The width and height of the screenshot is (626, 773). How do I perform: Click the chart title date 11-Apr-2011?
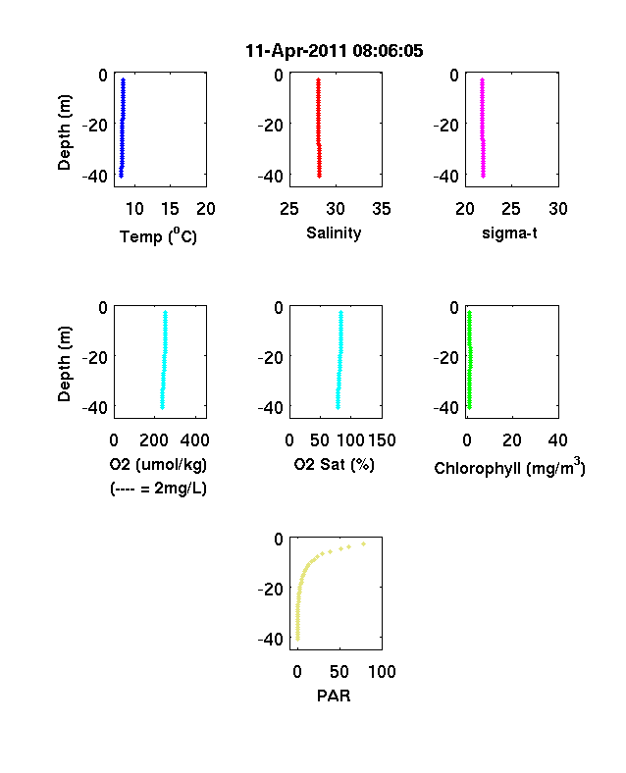pyautogui.click(x=297, y=51)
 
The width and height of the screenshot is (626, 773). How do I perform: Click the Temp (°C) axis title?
pyautogui.click(x=158, y=236)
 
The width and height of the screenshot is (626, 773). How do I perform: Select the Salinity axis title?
pyautogui.click(x=334, y=233)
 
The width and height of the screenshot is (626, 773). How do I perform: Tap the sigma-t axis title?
pyautogui.click(x=509, y=232)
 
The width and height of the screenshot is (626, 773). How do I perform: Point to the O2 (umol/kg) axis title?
pyautogui.click(x=158, y=464)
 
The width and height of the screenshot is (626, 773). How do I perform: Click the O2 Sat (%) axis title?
pyautogui.click(x=335, y=464)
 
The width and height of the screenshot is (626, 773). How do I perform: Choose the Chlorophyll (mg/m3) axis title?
pyautogui.click(x=509, y=466)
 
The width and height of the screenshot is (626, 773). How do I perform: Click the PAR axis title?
pyautogui.click(x=334, y=696)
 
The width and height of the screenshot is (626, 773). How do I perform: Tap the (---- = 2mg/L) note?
pyautogui.click(x=158, y=489)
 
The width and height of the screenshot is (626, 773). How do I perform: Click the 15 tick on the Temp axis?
pyautogui.click(x=170, y=209)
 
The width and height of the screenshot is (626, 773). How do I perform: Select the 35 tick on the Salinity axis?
pyautogui.click(x=382, y=209)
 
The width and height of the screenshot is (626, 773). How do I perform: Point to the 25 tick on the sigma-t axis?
pyautogui.click(x=511, y=209)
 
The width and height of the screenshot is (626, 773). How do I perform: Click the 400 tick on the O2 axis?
pyautogui.click(x=194, y=440)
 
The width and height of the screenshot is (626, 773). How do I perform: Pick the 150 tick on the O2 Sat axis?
pyautogui.click(x=382, y=440)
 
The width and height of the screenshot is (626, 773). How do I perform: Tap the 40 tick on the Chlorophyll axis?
pyautogui.click(x=557, y=440)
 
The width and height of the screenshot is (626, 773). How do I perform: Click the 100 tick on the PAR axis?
pyautogui.click(x=382, y=671)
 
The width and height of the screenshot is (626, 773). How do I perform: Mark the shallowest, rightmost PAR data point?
pyautogui.click(x=364, y=543)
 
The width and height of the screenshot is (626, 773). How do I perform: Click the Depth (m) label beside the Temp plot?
pyautogui.click(x=64, y=132)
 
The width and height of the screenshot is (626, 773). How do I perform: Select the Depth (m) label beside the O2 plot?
pyautogui.click(x=64, y=364)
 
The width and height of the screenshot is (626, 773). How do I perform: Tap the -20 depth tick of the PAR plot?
pyautogui.click(x=271, y=590)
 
